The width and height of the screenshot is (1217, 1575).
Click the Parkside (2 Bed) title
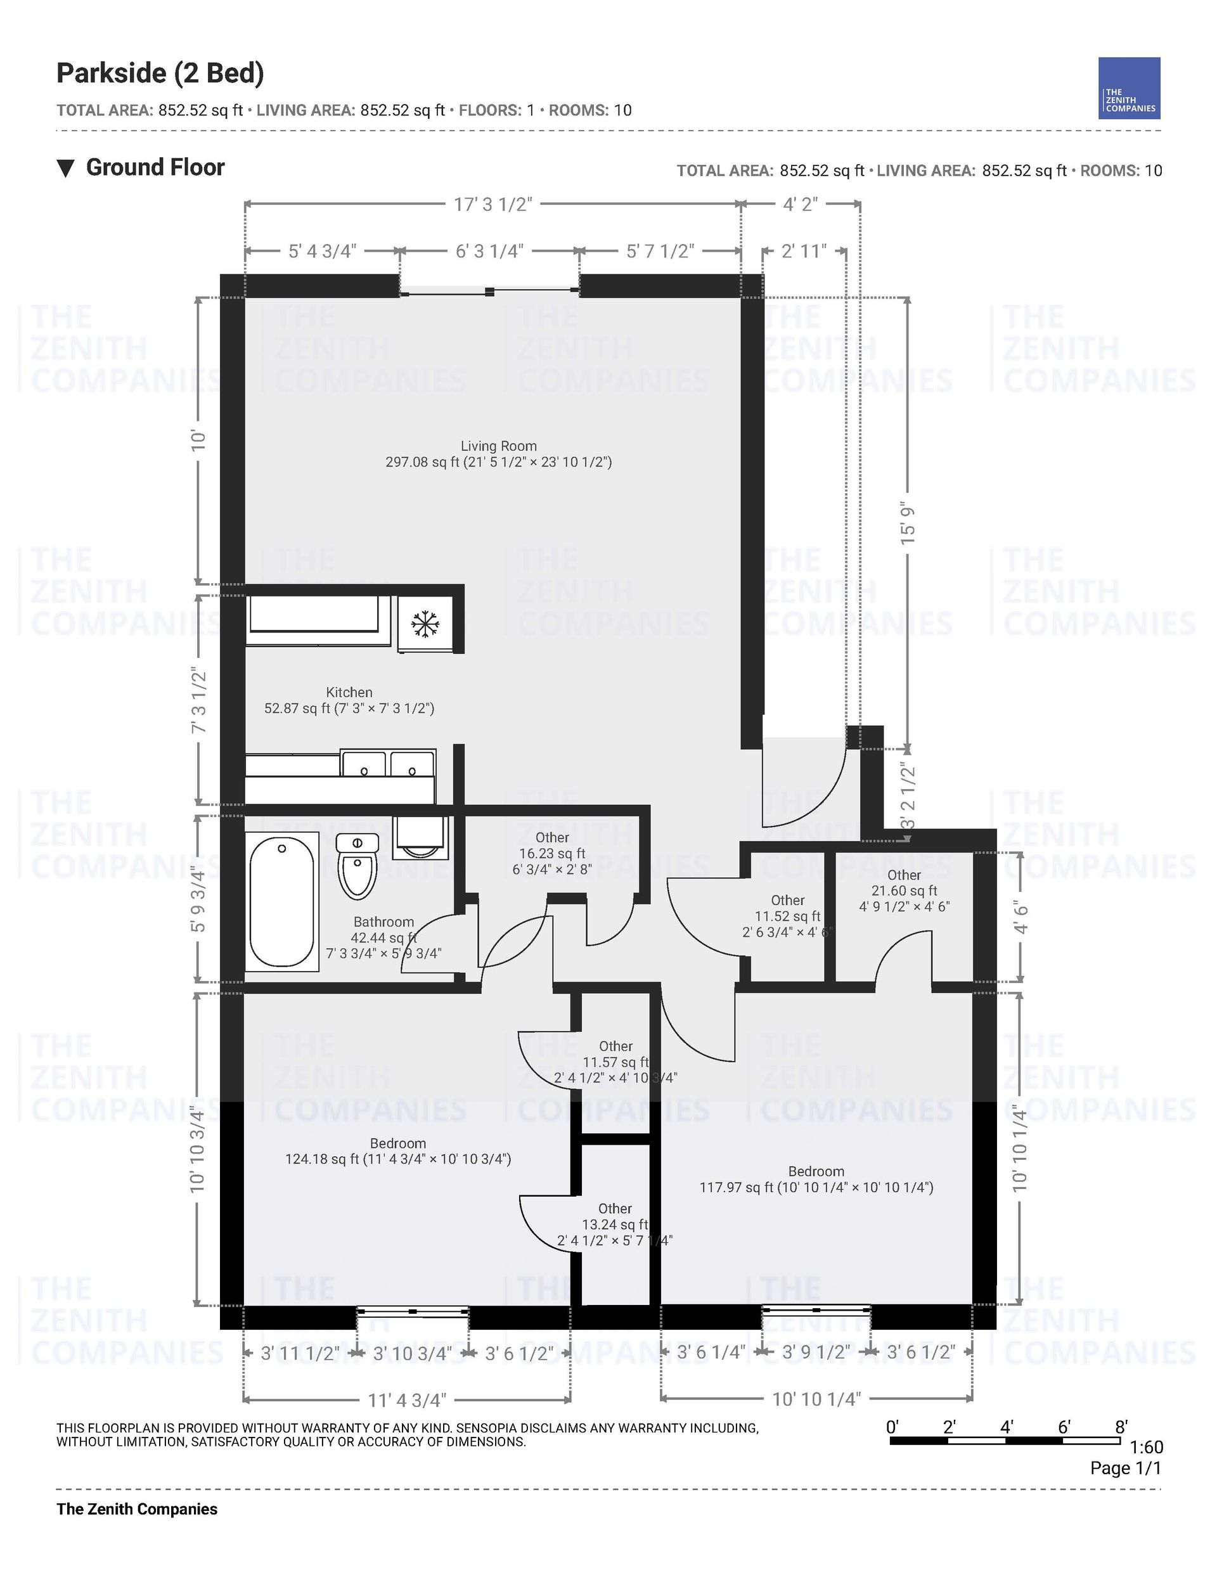click(x=160, y=74)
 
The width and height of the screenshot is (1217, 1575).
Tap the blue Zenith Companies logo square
click(x=1129, y=88)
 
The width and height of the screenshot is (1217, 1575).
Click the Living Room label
click(x=498, y=446)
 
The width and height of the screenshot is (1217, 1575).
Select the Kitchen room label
click(x=349, y=692)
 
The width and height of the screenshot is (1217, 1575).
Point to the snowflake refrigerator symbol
click(x=425, y=624)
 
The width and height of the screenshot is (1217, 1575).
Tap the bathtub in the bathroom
click(x=282, y=901)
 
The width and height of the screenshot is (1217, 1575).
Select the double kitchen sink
click(x=388, y=764)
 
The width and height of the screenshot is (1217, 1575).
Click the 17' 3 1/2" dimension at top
click(x=493, y=204)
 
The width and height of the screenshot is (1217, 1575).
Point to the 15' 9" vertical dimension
click(x=908, y=524)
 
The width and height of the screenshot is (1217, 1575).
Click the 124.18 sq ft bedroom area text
click(x=398, y=1159)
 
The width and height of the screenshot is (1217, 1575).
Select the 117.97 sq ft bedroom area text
click(x=816, y=1187)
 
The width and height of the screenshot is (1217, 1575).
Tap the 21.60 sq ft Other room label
click(x=904, y=890)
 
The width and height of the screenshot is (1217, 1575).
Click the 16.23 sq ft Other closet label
click(x=552, y=853)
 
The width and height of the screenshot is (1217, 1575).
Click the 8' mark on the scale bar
click(x=1121, y=1427)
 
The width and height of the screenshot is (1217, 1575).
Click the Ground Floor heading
click(x=155, y=167)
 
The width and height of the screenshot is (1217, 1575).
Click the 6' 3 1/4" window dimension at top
click(x=489, y=251)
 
